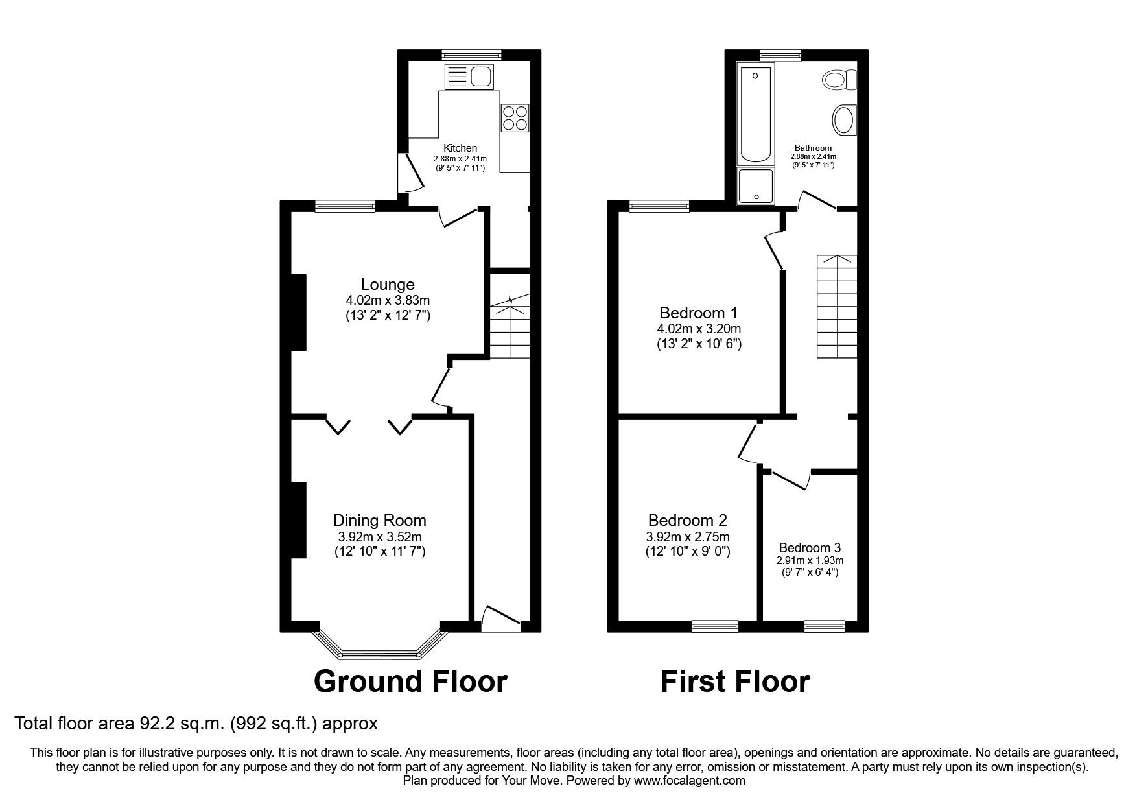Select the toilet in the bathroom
click(x=841, y=80)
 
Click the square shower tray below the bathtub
click(x=756, y=185)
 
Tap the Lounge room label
click(x=388, y=284)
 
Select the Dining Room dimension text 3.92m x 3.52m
click(x=380, y=537)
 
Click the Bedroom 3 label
click(x=810, y=547)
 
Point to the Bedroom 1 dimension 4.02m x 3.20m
click(x=699, y=328)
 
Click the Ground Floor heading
click(x=410, y=682)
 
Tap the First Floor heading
click(x=735, y=682)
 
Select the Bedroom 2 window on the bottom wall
click(x=714, y=626)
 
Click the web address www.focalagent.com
click(x=690, y=781)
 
